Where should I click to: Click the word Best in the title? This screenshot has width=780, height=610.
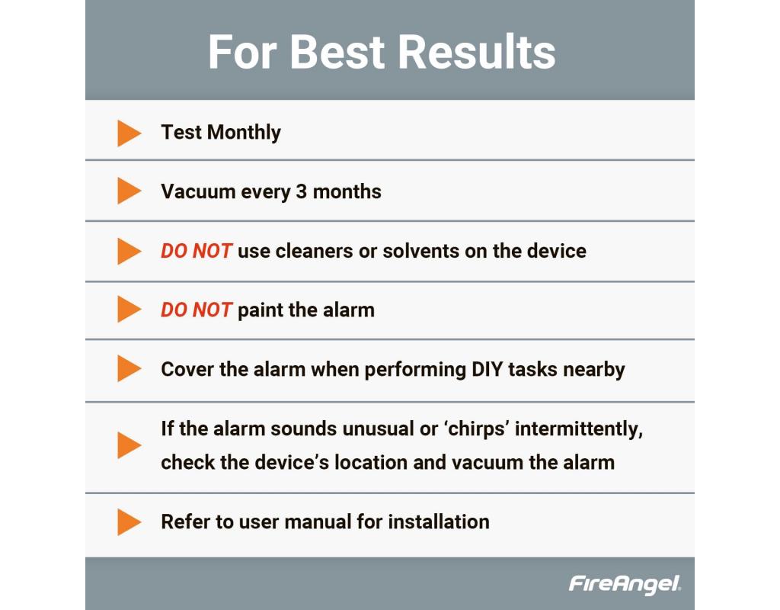coord(337,52)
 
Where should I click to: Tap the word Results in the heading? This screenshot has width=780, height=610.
coord(477,52)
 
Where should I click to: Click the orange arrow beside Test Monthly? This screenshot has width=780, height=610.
coord(129,133)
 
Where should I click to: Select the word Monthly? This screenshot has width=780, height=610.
coord(244,133)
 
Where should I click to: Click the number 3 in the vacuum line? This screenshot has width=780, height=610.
coord(301,191)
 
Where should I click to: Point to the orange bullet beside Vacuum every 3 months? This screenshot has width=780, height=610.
coord(129,191)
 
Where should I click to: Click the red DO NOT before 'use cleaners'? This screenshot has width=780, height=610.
coord(196,251)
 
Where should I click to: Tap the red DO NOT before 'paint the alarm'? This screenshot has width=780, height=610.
coord(196,310)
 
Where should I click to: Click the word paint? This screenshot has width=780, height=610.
coord(261,311)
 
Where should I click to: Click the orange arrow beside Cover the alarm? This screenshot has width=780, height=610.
coord(129,368)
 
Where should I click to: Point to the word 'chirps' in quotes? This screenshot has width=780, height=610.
coord(476,429)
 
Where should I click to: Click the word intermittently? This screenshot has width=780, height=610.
coord(579,429)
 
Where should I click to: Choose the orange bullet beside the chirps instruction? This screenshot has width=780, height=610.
coord(129,445)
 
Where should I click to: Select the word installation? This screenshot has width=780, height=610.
coord(439,522)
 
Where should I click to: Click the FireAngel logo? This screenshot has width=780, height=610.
coord(625,584)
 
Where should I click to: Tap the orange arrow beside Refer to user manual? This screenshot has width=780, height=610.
coord(129,522)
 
